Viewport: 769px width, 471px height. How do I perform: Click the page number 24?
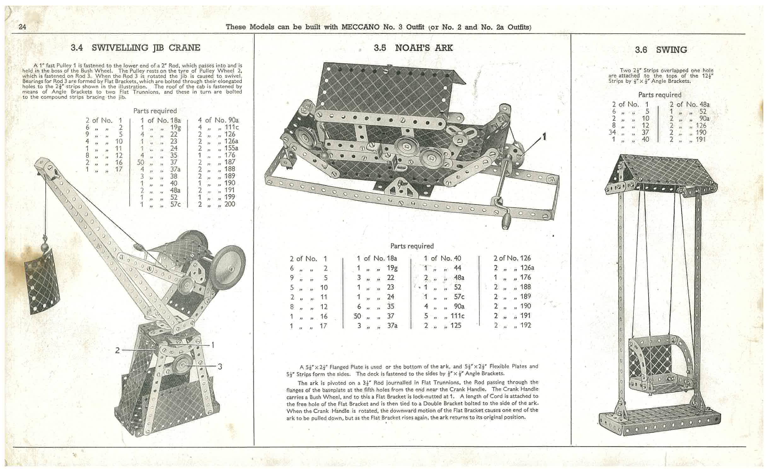point(22,27)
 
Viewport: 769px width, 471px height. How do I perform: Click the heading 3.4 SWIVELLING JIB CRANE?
point(135,48)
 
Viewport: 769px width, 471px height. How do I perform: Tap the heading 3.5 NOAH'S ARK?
point(413,48)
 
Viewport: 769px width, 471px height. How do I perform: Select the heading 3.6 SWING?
point(661,50)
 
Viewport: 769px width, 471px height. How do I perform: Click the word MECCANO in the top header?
point(360,27)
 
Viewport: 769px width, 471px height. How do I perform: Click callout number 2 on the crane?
point(117,350)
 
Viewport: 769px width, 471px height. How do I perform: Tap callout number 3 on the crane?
point(220,366)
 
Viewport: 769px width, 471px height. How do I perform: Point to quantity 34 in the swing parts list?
point(612,132)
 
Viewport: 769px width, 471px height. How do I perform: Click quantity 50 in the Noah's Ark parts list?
point(357,316)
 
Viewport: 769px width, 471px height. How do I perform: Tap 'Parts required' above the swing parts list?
point(659,95)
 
